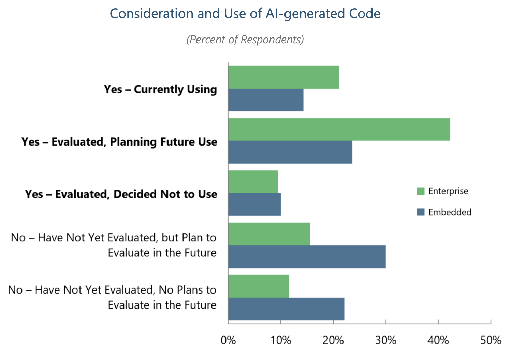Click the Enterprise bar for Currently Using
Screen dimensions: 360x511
[x=283, y=77]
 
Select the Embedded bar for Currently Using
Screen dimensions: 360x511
[x=266, y=100]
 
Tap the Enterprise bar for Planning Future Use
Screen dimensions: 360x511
[x=339, y=130]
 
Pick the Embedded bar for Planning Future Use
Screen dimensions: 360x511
[x=290, y=152]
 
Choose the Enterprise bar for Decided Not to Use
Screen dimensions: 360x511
[x=253, y=182]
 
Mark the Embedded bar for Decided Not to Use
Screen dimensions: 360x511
[x=254, y=205]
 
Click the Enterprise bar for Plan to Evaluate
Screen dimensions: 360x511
[x=269, y=234]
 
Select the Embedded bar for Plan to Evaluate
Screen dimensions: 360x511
[x=307, y=257]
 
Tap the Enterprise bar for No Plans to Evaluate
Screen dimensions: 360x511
[x=259, y=286]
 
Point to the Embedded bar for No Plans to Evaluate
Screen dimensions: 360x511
[x=286, y=309]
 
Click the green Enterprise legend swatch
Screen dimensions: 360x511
[x=421, y=191]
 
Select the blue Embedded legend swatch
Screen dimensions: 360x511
[x=421, y=212]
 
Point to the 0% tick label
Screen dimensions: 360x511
[x=228, y=340]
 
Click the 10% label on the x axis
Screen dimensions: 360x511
[x=281, y=340]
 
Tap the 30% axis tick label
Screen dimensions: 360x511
[x=386, y=340]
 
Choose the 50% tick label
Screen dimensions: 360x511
[x=491, y=340]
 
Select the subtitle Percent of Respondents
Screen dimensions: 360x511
[x=245, y=40]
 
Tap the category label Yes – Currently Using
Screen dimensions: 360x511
[x=160, y=89]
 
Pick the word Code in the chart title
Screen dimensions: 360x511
[x=367, y=14]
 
